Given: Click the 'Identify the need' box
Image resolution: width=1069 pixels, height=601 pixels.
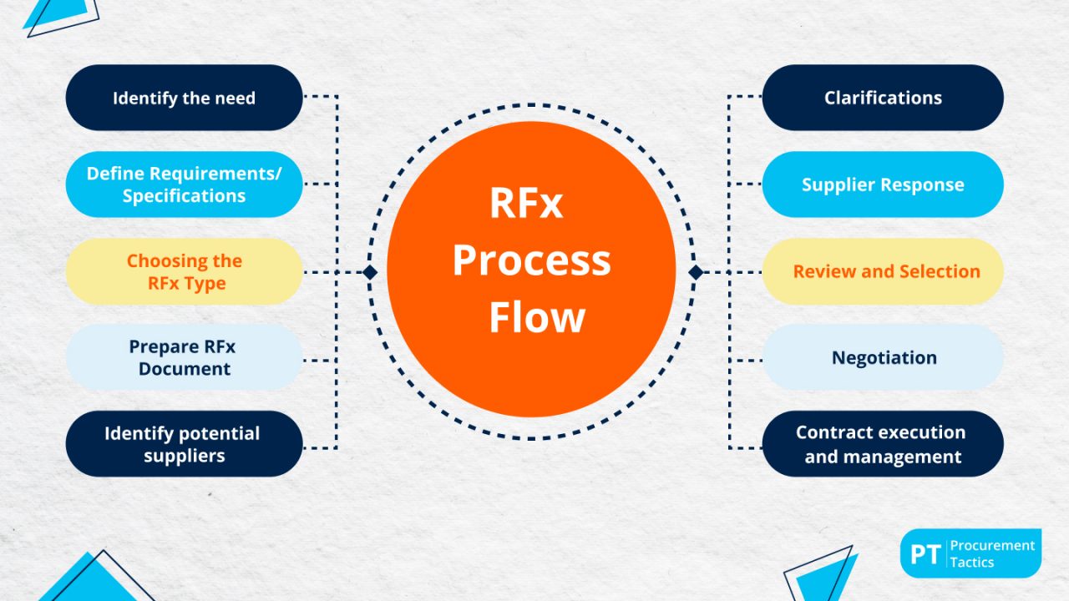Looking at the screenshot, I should click(x=184, y=98).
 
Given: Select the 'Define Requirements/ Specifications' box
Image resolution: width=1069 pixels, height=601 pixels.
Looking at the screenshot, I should click(x=184, y=184).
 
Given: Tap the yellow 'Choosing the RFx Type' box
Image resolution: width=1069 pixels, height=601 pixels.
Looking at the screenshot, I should click(x=184, y=271).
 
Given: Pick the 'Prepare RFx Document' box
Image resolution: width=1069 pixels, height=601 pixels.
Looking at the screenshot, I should click(x=184, y=357).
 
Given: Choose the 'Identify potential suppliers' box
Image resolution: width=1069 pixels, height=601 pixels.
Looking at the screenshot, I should click(x=184, y=444).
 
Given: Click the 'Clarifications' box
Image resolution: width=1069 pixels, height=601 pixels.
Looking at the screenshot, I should click(x=883, y=98).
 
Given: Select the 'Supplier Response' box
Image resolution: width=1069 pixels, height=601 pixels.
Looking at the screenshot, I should click(x=883, y=184).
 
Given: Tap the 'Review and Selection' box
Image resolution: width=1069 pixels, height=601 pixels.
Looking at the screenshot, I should click(x=883, y=271).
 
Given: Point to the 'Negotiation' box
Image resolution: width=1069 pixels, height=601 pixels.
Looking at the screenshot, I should click(x=883, y=357).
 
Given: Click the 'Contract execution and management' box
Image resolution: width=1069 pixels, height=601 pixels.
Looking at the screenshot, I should click(x=883, y=444).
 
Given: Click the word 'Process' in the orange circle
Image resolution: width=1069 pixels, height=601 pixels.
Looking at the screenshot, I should click(x=531, y=261).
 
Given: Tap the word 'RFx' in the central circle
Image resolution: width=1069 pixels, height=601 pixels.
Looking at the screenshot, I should click(x=526, y=205).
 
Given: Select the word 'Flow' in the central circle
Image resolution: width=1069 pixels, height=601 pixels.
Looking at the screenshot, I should click(x=536, y=317).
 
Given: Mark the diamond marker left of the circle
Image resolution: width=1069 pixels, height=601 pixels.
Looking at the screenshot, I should click(x=370, y=272).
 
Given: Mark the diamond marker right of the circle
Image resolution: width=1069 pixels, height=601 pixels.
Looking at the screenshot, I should click(x=695, y=272).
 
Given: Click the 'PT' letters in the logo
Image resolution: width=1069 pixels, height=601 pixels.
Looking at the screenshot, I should click(x=925, y=553).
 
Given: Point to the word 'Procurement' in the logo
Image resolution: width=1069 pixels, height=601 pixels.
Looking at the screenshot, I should click(x=992, y=545).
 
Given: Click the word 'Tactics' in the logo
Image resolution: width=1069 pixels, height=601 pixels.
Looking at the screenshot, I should click(x=972, y=563).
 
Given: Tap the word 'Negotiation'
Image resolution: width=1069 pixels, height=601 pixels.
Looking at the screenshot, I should click(x=884, y=357).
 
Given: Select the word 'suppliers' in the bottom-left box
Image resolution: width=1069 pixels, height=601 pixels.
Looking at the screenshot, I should click(x=184, y=456).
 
